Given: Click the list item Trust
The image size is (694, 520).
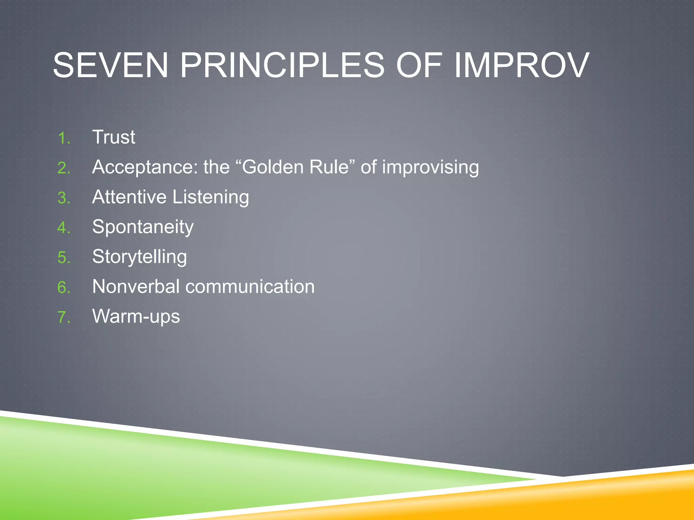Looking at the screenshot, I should point(114,137).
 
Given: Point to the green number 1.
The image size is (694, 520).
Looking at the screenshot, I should point(63,138).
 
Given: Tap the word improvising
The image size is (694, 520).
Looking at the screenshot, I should point(430,167).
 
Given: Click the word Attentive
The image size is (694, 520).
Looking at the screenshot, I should point(129,197).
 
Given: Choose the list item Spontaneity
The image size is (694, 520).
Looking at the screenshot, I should point(143,227).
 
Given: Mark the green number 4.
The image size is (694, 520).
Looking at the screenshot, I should point(63,228).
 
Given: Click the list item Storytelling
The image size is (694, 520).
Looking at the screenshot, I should point(139,257).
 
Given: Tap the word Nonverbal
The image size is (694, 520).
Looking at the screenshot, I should point(136,286).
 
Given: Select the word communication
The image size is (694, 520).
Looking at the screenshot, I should point(250,286).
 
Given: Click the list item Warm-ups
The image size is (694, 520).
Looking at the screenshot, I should point(136,317).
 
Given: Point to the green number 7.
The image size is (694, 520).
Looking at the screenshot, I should point(63,318).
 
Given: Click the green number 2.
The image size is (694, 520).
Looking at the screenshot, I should point(63,168).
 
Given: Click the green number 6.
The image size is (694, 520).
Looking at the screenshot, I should point(63,287).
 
